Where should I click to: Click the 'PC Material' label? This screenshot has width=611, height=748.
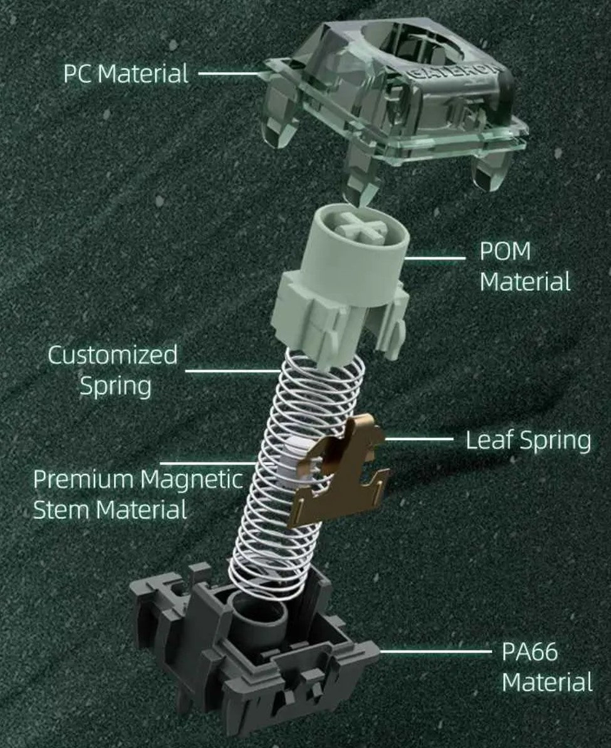coord(125,73)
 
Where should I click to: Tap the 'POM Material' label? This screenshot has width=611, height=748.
coord(525,266)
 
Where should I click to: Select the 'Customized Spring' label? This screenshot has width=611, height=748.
coord(113,371)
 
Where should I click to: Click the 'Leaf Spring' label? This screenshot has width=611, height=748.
coord(528,440)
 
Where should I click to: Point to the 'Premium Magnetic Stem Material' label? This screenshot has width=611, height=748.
coord(137,494)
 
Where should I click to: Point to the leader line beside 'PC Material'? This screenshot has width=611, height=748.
coord(229,73)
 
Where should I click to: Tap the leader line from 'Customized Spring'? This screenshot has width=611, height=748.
coord(232,371)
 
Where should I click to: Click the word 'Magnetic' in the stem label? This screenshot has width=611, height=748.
coord(191,480)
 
